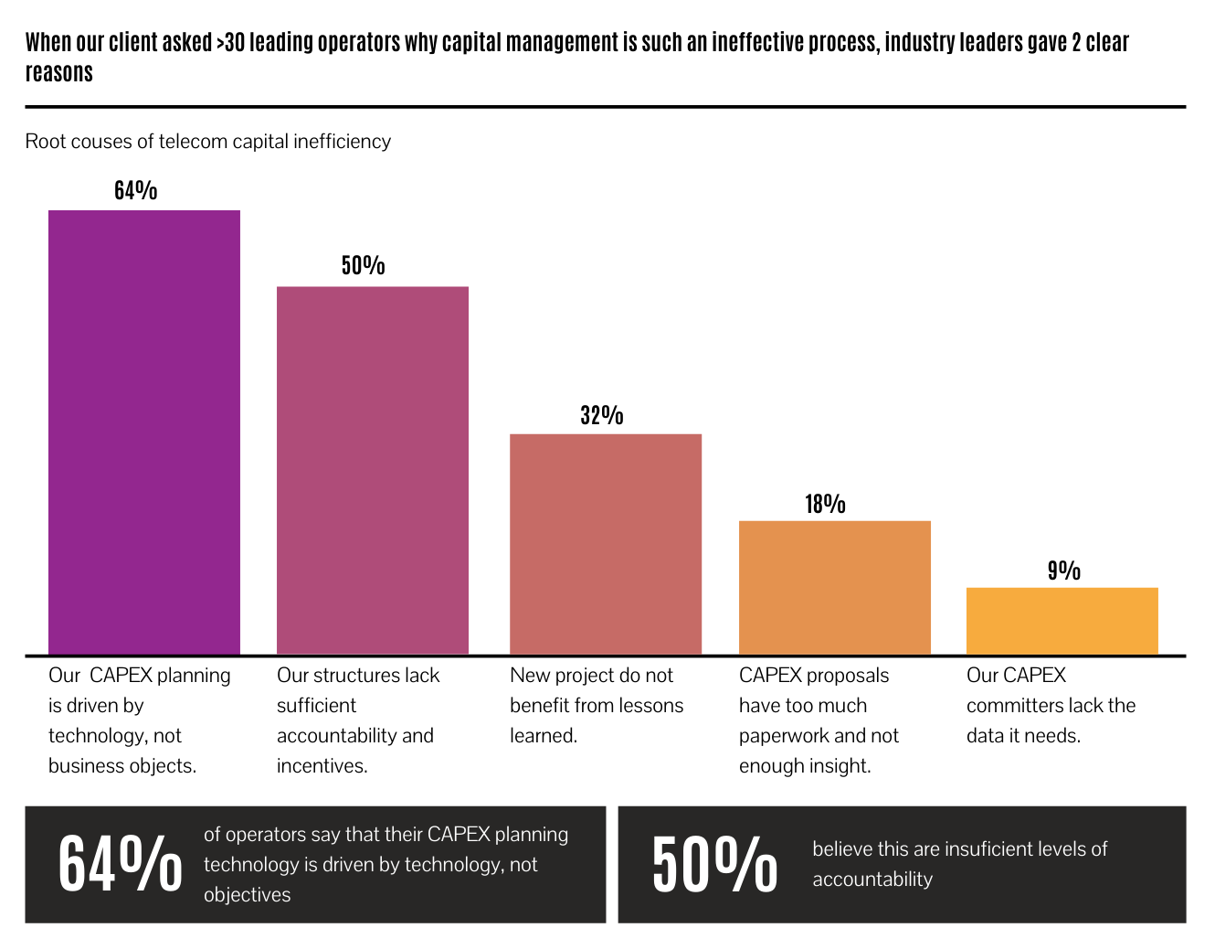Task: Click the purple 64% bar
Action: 144,432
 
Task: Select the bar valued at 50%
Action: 373,470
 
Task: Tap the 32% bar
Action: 606,543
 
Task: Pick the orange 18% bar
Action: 834,587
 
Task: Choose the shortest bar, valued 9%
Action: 1062,621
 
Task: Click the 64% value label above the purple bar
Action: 136,190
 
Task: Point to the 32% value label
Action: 602,415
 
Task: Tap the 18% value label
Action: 825,504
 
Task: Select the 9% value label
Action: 1063,570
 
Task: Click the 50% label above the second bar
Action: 364,265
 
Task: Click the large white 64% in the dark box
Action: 120,864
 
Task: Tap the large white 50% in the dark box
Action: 714,864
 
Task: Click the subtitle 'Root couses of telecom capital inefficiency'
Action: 208,142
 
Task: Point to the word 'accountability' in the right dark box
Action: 872,880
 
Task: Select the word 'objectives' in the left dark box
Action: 247,895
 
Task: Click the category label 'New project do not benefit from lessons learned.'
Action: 596,705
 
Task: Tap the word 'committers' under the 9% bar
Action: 1014,706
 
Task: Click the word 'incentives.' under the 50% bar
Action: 322,766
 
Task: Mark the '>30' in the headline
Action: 231,43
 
